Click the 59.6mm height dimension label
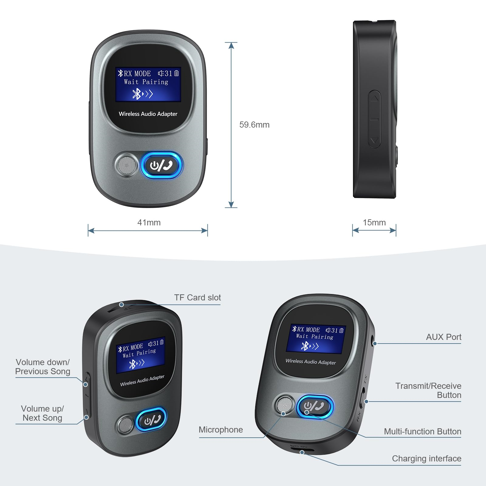point(254,125)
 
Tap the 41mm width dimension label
point(149,223)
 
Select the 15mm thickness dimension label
point(374,223)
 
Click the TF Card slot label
point(197,298)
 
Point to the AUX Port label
point(443,337)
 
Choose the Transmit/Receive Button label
point(428,390)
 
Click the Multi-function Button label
point(423,432)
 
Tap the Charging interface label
point(426,459)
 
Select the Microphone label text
point(221,430)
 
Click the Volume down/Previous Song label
point(43,367)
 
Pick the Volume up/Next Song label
point(43,413)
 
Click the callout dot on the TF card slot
point(122,305)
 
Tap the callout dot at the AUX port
point(375,344)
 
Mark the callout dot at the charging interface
point(302,453)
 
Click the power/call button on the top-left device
point(162,166)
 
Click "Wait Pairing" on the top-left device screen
point(146,82)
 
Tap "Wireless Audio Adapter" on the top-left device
point(148,114)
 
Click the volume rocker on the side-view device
point(374,119)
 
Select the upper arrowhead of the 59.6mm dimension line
point(231,46)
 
